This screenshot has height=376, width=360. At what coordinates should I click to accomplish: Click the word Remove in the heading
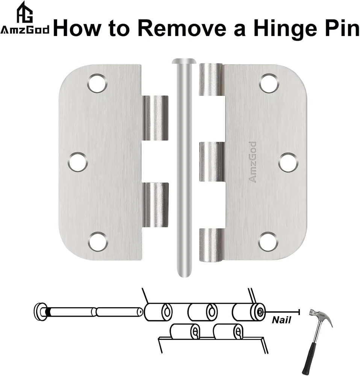(182, 28)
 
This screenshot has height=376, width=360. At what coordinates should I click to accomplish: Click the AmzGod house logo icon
(24, 12)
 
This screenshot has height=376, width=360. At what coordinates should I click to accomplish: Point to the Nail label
(281, 320)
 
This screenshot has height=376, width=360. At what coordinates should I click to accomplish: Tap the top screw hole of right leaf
(269, 83)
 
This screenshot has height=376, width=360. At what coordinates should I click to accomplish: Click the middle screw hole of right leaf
(288, 162)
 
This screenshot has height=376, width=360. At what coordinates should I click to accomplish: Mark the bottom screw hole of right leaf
(268, 241)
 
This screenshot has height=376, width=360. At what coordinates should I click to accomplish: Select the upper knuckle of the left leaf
(155, 118)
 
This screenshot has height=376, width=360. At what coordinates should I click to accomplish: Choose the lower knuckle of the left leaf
(155, 205)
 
